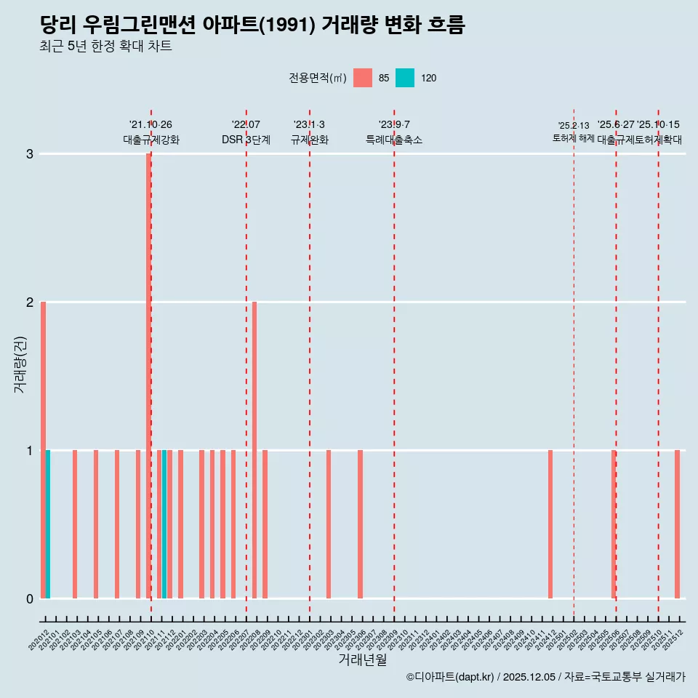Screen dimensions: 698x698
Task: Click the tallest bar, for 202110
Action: (x=148, y=375)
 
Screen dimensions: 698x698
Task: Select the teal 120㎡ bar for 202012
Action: (x=48, y=524)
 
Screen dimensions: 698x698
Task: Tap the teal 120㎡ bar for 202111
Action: (x=164, y=524)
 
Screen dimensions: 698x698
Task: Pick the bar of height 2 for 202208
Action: (x=254, y=449)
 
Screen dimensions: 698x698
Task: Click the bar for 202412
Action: (x=550, y=524)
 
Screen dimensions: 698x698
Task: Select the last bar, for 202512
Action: (x=677, y=524)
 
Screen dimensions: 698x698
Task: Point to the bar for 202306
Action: (x=360, y=524)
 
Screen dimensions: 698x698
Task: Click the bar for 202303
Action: (x=329, y=524)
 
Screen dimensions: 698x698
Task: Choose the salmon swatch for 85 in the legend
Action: (x=362, y=78)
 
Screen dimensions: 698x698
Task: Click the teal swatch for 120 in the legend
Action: (x=405, y=78)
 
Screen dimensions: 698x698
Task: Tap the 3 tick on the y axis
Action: (x=30, y=153)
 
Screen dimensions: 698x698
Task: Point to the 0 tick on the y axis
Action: (x=30, y=598)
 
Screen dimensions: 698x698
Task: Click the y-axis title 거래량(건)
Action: (x=20, y=364)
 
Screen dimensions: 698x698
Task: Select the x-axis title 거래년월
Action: (x=362, y=659)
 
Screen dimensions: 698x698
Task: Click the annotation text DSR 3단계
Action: (x=246, y=140)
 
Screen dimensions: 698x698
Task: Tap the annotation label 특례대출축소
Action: (x=393, y=140)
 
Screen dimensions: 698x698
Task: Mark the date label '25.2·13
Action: (x=574, y=126)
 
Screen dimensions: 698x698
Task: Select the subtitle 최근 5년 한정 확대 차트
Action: (x=106, y=47)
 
